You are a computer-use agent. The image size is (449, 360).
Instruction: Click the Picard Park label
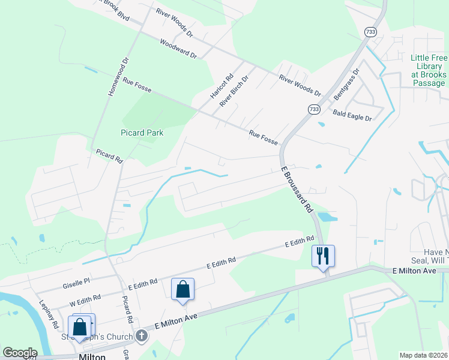click(141, 132)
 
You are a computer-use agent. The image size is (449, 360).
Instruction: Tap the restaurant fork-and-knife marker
click(323, 256)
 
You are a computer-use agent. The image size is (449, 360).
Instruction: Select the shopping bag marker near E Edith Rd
click(183, 290)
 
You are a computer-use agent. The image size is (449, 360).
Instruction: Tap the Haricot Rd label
click(221, 87)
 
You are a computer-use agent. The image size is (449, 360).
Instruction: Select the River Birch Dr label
click(234, 91)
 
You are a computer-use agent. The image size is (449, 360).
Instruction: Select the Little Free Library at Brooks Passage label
click(428, 70)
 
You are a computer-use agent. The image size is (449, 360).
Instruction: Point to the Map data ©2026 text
click(423, 355)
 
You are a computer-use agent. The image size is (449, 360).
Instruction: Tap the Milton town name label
click(92, 356)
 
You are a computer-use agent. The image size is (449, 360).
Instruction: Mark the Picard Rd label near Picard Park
click(109, 157)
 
